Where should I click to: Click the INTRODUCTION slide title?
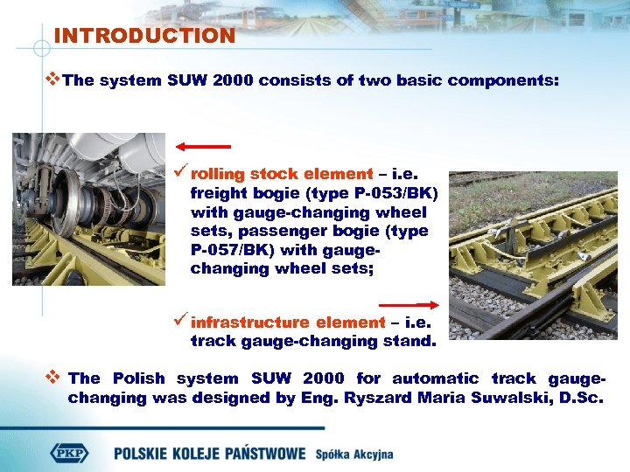point(144,36)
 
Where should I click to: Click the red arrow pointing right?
point(416,304)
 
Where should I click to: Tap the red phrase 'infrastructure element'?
point(288,323)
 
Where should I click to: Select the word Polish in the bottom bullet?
point(137,378)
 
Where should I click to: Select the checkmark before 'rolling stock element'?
point(180,174)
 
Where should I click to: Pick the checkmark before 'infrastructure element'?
point(180,323)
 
